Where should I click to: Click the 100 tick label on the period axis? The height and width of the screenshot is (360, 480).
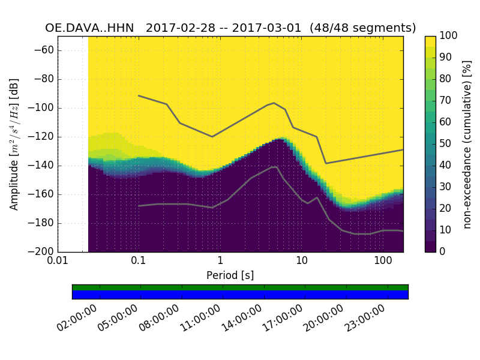coord(383,262)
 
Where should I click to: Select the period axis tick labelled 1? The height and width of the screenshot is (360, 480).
coord(220,262)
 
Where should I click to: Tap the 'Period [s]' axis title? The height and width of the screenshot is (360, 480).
coord(230,275)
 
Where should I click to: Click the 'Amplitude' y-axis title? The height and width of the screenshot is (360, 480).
coord(14,144)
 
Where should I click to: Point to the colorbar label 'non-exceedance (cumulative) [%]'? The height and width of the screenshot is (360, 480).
coord(467,144)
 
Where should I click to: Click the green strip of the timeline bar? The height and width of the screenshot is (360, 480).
coord(240,287)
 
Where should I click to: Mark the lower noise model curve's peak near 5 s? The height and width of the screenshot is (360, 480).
coord(274,167)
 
